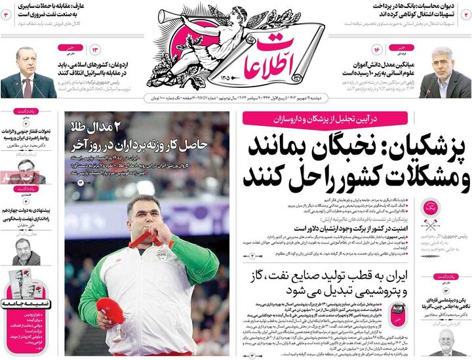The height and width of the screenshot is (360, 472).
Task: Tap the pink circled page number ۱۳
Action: pyautogui.click(x=94, y=50)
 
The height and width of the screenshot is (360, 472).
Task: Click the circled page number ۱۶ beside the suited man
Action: pyautogui.click(x=377, y=50)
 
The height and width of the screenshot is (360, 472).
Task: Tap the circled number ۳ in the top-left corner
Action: pyautogui.click(x=5, y=14)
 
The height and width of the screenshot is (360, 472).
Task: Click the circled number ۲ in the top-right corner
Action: pyautogui.click(x=467, y=14)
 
